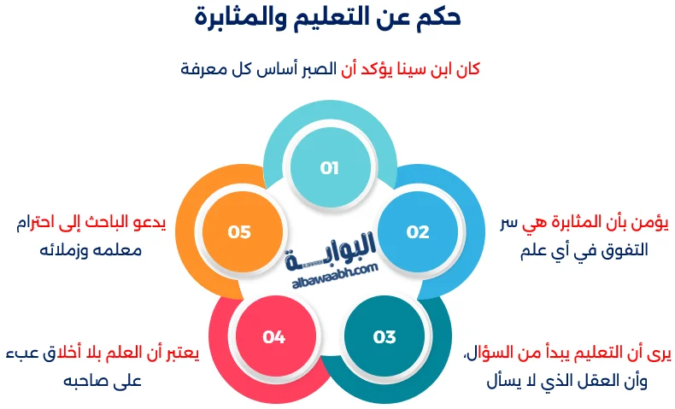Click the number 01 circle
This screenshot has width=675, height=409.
click(330, 168)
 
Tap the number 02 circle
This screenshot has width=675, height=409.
click(418, 231)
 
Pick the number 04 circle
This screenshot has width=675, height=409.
click(273, 336)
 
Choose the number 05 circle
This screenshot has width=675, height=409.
click(239, 231)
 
